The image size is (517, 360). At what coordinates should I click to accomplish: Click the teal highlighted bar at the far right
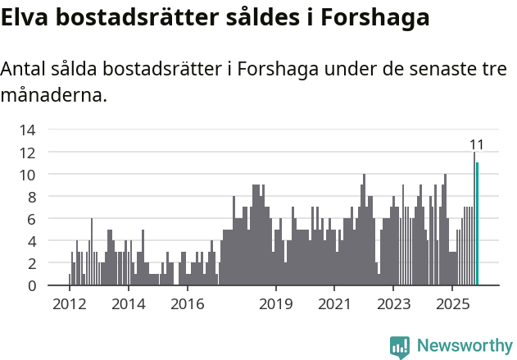(477, 224)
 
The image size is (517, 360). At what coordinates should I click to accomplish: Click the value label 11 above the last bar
(476, 145)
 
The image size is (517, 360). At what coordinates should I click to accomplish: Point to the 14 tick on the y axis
(27, 130)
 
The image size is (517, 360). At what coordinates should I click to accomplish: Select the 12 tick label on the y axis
(27, 153)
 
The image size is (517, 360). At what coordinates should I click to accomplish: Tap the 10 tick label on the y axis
(27, 175)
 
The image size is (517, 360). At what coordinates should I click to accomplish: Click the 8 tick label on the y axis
(30, 197)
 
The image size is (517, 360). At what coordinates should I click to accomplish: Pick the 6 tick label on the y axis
(30, 219)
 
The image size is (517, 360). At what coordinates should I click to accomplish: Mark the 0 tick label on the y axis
(30, 286)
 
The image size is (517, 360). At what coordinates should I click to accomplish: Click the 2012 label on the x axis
(69, 304)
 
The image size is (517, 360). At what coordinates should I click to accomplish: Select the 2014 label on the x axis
(128, 304)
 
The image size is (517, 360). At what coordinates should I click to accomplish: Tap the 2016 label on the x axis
(187, 304)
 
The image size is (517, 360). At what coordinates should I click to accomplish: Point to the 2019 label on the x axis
(276, 304)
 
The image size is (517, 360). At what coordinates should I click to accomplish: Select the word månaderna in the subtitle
(54, 95)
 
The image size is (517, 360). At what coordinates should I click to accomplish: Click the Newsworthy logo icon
(400, 346)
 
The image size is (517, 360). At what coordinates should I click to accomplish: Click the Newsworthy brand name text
(464, 346)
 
